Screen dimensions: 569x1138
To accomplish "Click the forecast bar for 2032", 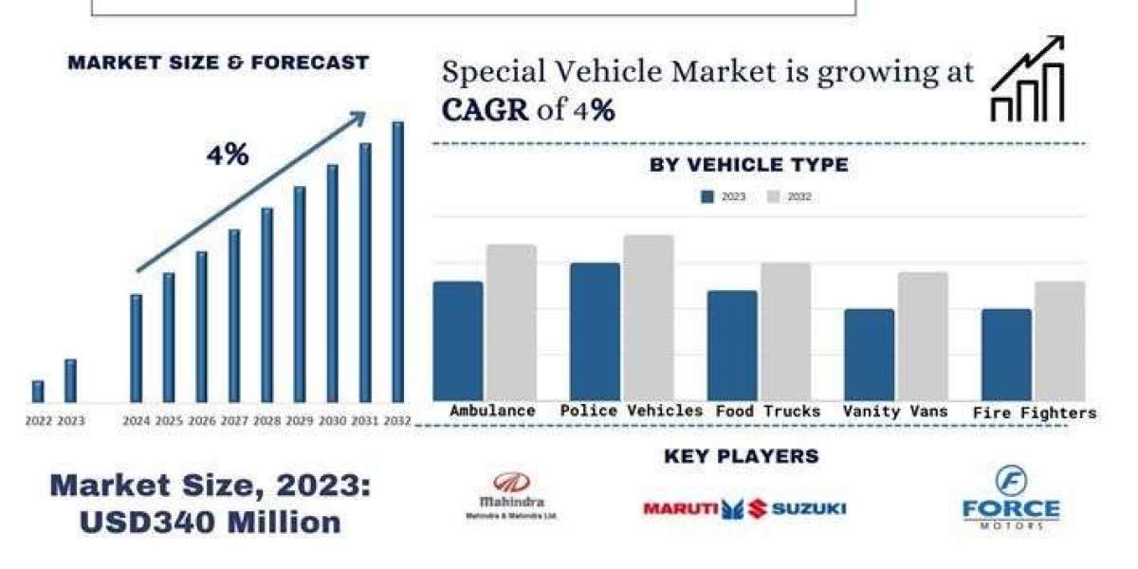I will (398, 262).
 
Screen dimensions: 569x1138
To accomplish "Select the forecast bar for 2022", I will (38, 391).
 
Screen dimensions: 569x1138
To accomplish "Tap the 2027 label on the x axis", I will (235, 421).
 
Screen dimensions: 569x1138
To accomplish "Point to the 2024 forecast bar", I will (137, 348).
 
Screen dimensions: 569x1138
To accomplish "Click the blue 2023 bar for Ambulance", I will (458, 340).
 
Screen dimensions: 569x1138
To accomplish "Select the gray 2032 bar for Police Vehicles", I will (649, 318).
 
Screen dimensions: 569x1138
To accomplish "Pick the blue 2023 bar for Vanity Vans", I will (870, 354).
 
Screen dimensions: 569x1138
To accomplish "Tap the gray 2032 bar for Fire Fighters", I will (1059, 340).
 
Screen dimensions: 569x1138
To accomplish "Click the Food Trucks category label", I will (768, 412).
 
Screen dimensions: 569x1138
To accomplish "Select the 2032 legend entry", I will (789, 197).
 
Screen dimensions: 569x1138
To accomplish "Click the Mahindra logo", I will (512, 496).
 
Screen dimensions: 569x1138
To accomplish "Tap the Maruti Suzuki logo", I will (744, 508).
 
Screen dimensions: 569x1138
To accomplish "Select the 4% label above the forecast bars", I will (228, 156).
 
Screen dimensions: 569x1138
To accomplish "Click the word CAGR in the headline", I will (485, 111).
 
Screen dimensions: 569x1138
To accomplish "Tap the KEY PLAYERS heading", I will (741, 456).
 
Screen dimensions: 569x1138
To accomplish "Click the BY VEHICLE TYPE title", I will (748, 165).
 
